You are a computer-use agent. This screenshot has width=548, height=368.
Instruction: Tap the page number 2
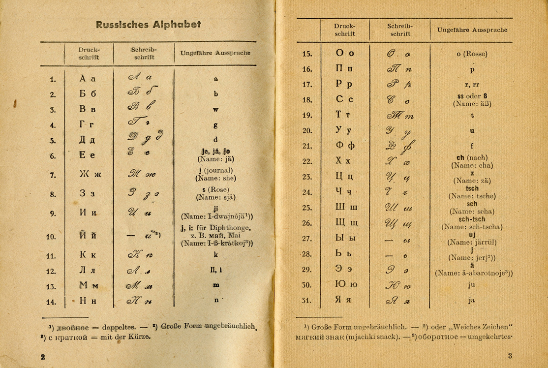(43, 357)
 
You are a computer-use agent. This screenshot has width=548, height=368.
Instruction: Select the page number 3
(510, 356)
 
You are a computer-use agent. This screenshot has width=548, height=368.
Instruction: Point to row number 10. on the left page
(51, 237)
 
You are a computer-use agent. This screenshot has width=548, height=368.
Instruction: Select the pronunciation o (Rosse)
(472, 54)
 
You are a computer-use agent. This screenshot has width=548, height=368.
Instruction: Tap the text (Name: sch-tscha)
(472, 227)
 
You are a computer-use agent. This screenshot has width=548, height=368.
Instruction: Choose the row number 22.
(307, 161)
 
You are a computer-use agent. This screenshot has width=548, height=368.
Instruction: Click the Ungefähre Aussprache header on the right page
(472, 30)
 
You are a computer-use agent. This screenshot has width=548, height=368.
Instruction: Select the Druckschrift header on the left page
(89, 53)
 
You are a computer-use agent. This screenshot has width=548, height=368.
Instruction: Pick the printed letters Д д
(88, 140)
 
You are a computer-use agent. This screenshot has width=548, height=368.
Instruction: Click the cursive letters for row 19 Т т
(400, 116)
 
